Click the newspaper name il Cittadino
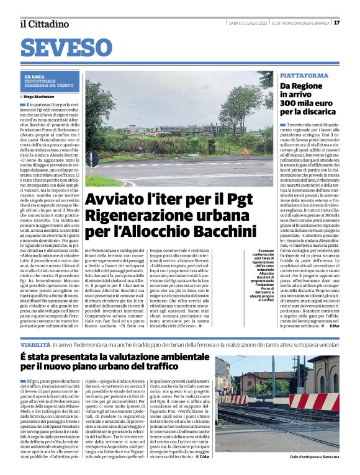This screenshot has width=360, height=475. coord(44,24)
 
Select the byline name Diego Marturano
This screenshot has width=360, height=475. coord(40,97)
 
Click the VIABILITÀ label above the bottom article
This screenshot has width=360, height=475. coord(35,344)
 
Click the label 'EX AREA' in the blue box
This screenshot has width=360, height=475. coord(35,76)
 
